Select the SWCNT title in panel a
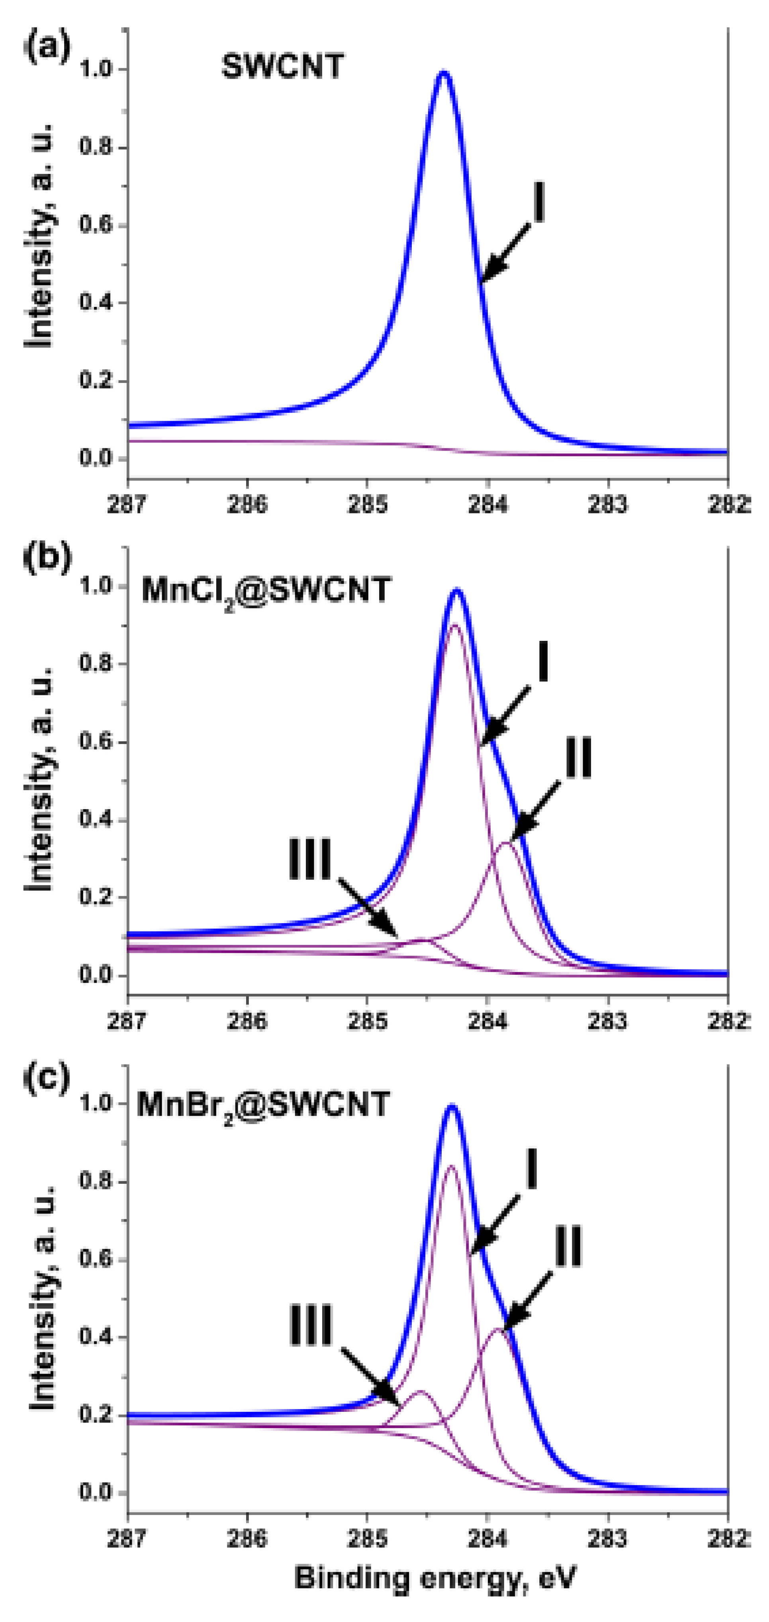(x=282, y=67)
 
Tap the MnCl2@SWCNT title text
(x=266, y=591)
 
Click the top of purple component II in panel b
(x=506, y=843)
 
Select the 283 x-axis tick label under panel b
(x=608, y=1021)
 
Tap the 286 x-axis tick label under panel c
(x=247, y=1538)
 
